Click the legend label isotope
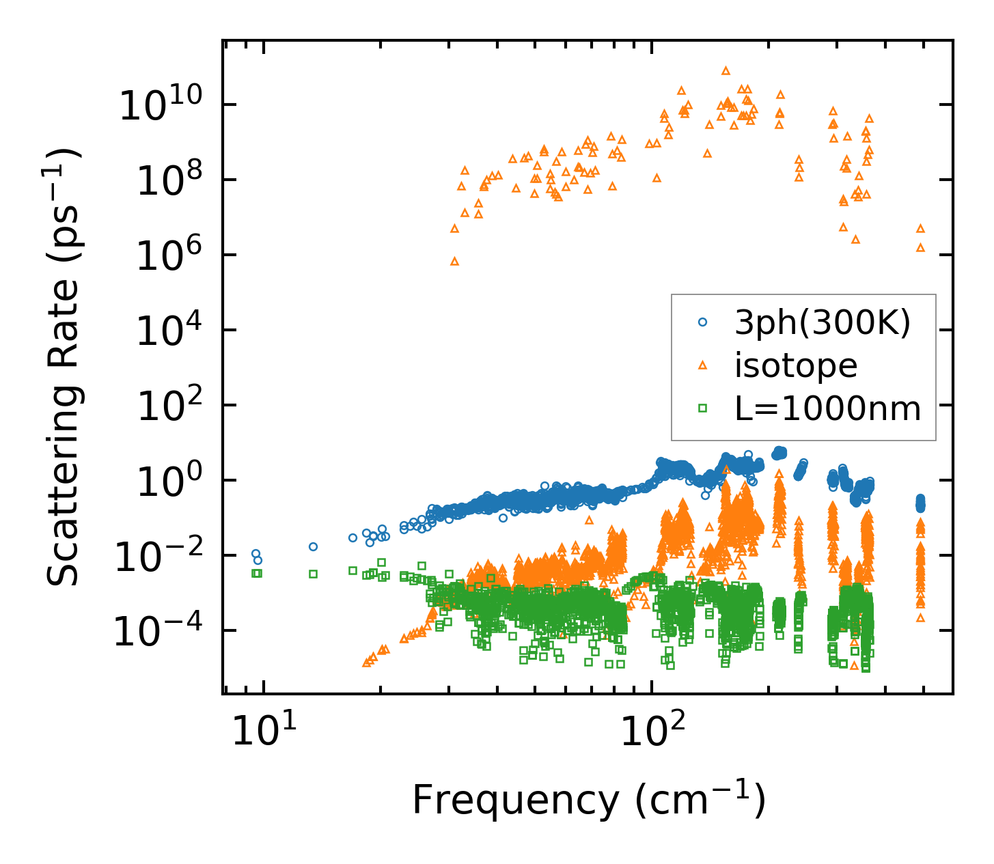[x=796, y=366]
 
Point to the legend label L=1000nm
[x=828, y=408]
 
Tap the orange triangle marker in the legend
[x=702, y=365]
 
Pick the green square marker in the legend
[x=702, y=408]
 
